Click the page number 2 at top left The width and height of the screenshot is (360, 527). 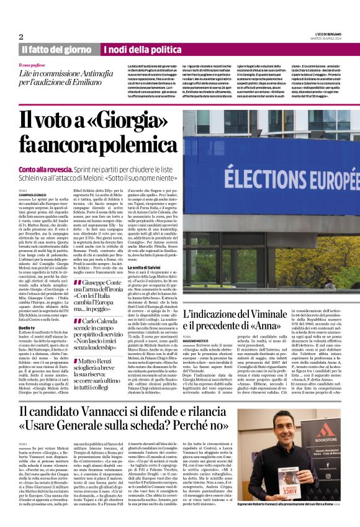click(x=20, y=37)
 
